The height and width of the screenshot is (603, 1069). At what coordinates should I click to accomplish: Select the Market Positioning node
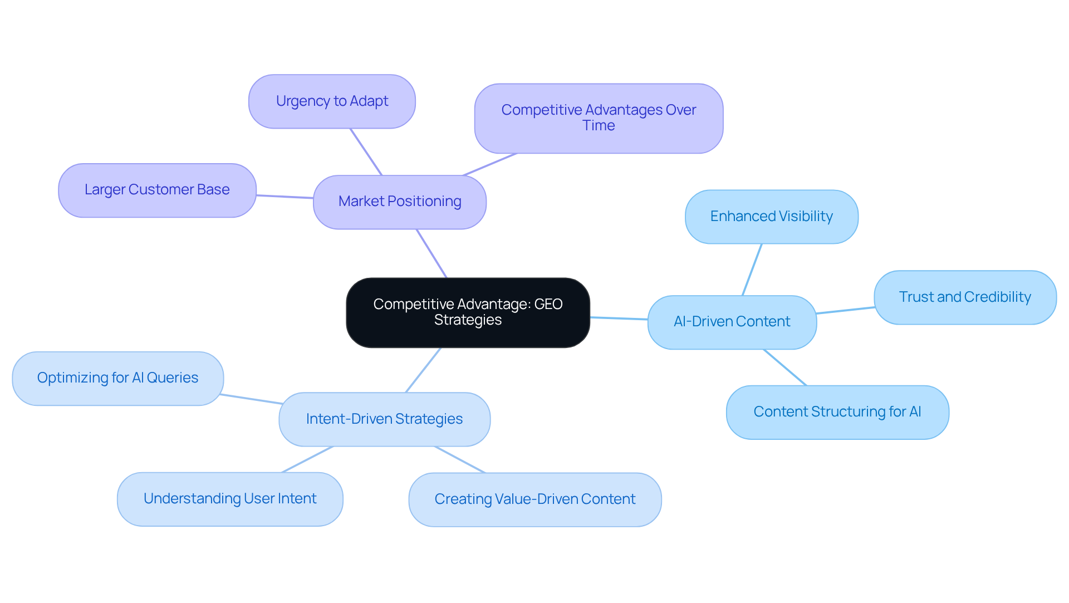coord(399,202)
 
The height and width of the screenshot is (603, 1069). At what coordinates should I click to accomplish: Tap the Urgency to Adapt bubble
coord(332,101)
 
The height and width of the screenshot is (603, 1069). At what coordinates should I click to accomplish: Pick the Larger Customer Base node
coord(157,190)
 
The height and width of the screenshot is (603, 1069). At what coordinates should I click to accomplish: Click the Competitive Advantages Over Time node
coord(599,118)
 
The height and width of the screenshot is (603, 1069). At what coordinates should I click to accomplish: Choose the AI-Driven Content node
coord(732,322)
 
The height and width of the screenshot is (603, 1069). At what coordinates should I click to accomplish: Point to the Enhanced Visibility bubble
coord(771,217)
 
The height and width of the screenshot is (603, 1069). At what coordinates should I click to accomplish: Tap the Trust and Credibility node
coord(964,297)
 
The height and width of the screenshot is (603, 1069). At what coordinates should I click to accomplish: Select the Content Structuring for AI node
coord(837,412)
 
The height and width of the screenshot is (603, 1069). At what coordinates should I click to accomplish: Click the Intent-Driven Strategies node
coord(384,419)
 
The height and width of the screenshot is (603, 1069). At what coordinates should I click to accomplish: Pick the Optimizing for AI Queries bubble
coord(117,378)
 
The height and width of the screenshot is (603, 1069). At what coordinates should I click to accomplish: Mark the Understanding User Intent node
coord(230,499)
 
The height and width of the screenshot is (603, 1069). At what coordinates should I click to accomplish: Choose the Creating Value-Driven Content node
coord(534,499)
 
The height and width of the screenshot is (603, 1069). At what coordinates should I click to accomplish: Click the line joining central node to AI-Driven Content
coord(619,318)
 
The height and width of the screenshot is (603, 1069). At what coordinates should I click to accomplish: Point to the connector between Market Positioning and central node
coord(431,253)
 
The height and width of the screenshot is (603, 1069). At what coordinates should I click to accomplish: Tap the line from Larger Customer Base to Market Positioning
coord(285,197)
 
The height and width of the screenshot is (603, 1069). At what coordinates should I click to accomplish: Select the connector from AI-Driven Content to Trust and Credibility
coord(845,310)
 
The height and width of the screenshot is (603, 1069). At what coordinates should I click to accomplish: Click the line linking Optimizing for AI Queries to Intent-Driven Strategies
coord(251,399)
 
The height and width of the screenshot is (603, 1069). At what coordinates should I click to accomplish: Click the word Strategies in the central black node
coord(468,320)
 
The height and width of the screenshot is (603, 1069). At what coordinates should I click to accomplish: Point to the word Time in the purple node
coord(599,126)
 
